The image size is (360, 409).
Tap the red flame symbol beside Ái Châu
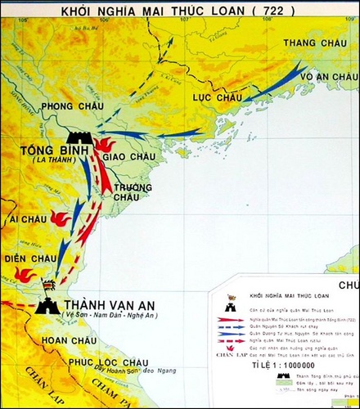59,218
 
